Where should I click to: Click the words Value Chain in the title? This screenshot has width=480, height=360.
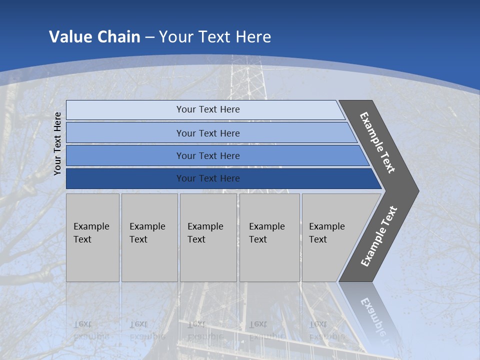point(94,36)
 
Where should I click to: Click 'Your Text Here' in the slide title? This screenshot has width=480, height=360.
point(215,36)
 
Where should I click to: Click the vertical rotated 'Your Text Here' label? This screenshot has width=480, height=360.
point(57,143)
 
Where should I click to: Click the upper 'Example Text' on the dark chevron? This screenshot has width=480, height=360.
point(377,142)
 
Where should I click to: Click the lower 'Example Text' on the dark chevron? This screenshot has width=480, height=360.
point(378,236)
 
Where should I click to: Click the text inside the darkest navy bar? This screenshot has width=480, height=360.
point(208,178)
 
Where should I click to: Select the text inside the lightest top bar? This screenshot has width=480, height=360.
point(208,109)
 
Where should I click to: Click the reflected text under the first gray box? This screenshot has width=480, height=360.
point(91,330)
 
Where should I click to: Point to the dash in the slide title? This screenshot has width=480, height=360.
point(149,37)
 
